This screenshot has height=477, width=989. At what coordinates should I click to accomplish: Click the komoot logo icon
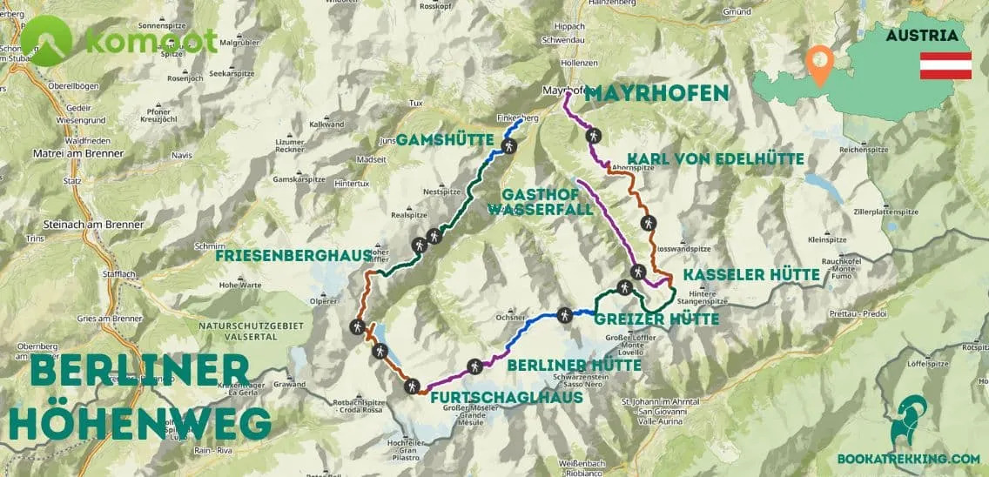click(x=46, y=40)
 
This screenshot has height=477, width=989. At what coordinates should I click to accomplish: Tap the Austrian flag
click(x=945, y=65)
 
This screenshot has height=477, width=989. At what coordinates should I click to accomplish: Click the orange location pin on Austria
click(x=818, y=62)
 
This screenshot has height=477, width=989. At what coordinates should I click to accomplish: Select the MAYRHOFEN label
click(x=656, y=93)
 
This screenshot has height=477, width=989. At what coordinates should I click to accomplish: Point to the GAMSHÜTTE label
click(x=447, y=140)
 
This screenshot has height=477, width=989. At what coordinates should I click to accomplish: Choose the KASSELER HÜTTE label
click(x=750, y=275)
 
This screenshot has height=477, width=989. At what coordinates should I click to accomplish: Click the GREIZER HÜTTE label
click(x=656, y=319)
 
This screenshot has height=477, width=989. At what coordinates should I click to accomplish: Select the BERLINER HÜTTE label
click(x=575, y=365)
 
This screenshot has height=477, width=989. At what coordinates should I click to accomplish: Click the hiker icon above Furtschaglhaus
click(x=414, y=386)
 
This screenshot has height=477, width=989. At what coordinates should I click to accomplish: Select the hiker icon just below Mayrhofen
click(x=593, y=136)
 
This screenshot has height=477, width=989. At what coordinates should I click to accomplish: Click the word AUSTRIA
click(x=922, y=36)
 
